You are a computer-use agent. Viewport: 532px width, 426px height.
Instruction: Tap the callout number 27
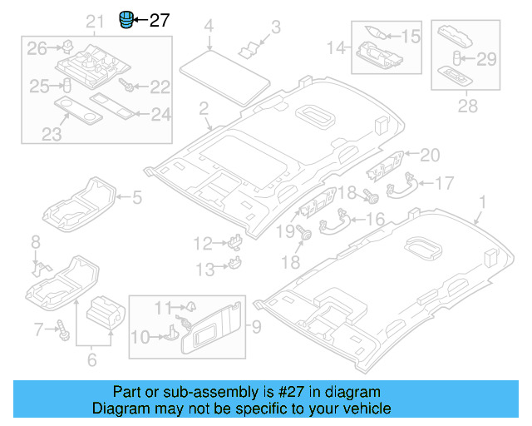159,20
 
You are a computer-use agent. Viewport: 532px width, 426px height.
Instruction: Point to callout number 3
276,27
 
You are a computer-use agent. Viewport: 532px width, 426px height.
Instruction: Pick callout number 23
51,134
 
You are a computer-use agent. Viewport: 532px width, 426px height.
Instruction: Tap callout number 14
337,49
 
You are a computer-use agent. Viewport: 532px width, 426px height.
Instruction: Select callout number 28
468,106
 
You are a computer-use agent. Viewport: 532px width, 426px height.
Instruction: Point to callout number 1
482,202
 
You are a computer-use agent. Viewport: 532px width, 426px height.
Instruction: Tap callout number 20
429,154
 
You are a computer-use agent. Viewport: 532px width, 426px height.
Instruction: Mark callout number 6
91,359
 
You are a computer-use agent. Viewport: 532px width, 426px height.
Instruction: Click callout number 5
137,197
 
